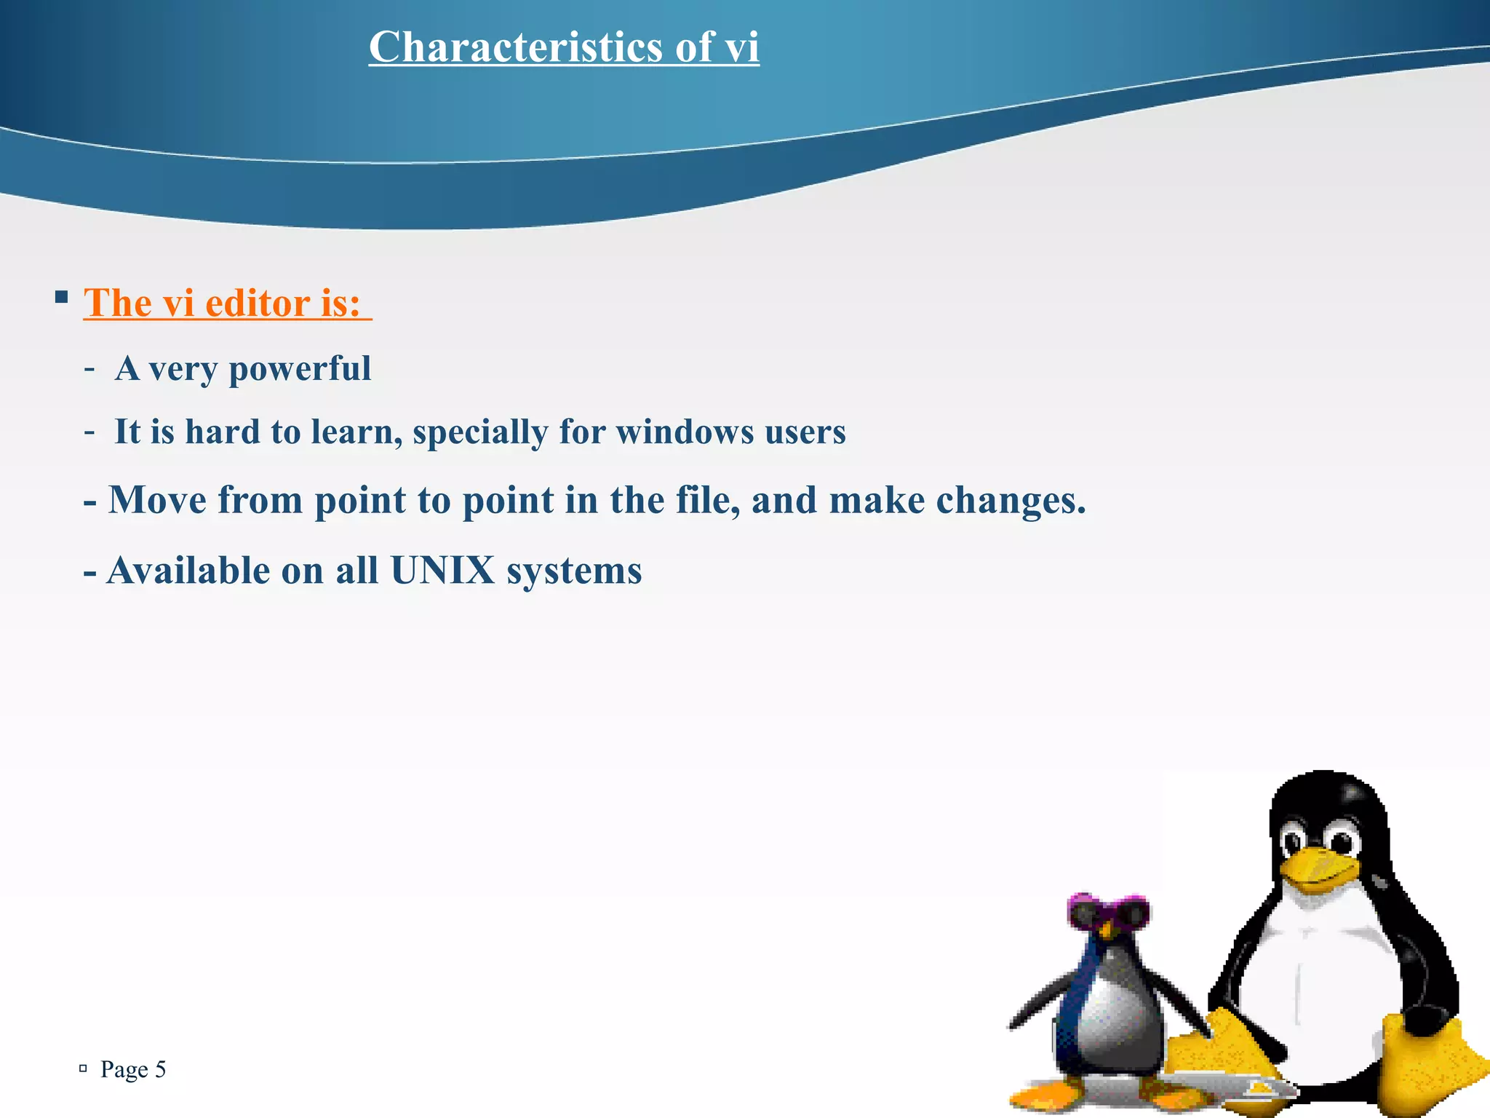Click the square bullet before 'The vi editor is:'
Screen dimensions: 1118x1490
click(61, 297)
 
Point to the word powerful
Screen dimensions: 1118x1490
click(300, 368)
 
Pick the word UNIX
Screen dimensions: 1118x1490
click(442, 570)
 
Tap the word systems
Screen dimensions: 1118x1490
click(574, 571)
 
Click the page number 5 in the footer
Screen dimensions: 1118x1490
click(160, 1069)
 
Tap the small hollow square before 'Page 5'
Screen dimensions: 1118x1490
click(83, 1069)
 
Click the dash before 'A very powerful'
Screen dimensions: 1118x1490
click(89, 369)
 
